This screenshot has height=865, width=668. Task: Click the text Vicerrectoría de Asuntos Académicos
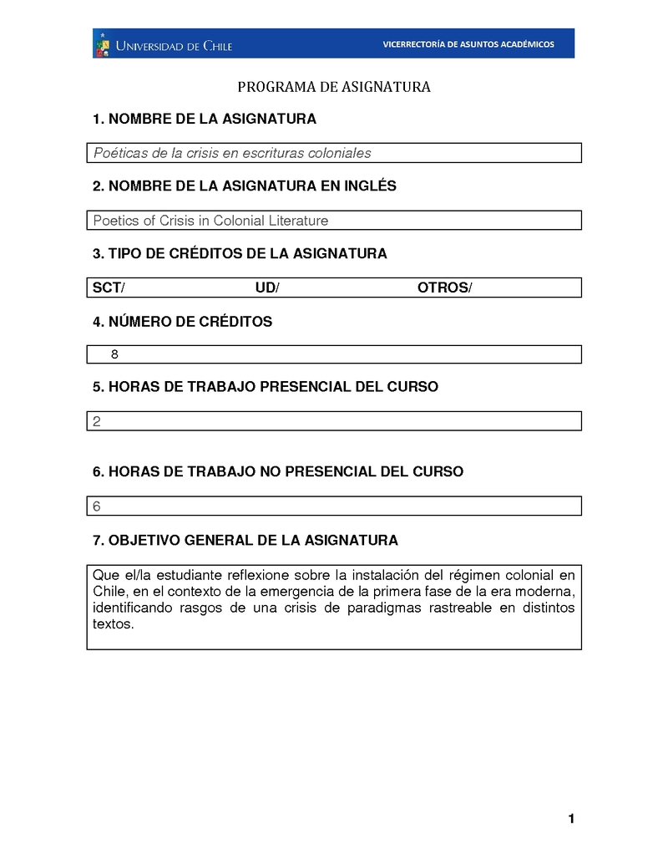(x=468, y=44)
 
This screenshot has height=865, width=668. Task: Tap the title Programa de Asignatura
(x=333, y=87)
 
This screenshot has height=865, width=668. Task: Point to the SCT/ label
(x=109, y=287)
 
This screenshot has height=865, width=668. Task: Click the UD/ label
(x=267, y=287)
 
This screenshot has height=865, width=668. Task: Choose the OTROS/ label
(x=444, y=287)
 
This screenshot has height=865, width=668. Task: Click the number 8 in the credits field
(x=114, y=354)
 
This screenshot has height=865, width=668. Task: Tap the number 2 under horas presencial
(x=97, y=421)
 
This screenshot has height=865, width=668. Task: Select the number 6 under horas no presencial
(x=97, y=506)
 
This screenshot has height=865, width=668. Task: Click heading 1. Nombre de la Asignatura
(x=205, y=120)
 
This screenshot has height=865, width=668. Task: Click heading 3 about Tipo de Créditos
(x=240, y=253)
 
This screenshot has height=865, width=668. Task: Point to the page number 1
(x=571, y=819)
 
